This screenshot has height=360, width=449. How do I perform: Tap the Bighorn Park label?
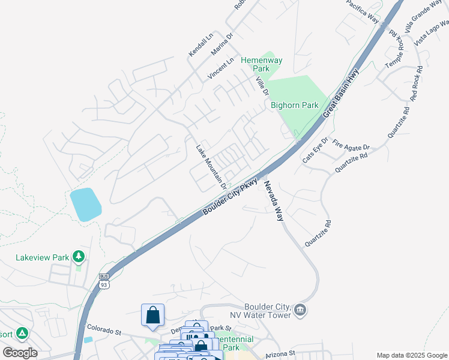point(294,105)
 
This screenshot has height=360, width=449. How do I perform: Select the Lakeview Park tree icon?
point(78,257)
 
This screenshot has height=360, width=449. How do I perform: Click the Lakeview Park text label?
point(42,257)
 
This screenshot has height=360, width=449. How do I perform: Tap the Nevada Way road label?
point(271,200)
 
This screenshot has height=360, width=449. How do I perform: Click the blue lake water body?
point(85,205)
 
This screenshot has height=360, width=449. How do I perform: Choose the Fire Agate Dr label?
point(352,146)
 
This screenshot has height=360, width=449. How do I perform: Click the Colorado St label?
point(104,330)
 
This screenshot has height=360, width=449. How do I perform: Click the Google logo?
point(20,353)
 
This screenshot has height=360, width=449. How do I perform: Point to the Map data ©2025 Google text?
point(411,355)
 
